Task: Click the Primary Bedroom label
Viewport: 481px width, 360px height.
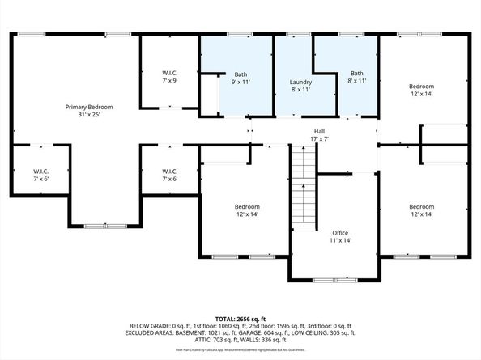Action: [x=89, y=107]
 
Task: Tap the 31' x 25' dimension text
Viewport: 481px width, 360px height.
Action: [x=89, y=115]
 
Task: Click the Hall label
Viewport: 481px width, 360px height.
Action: [x=319, y=130]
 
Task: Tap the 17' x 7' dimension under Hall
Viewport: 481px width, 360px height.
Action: [x=319, y=138]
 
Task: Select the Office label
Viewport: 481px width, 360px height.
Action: [x=340, y=232]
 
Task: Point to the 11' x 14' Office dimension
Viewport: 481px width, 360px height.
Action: [x=340, y=240]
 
